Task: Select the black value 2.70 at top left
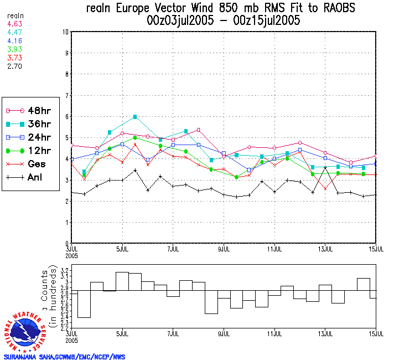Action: point(14,66)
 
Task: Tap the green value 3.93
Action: point(14,49)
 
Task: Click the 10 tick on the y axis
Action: point(66,32)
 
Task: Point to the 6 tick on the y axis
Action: point(67,117)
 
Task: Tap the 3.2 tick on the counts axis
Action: point(64,270)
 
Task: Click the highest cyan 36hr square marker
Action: point(135,117)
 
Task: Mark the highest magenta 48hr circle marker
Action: point(198,130)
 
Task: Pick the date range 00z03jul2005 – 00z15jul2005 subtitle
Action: point(224,21)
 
